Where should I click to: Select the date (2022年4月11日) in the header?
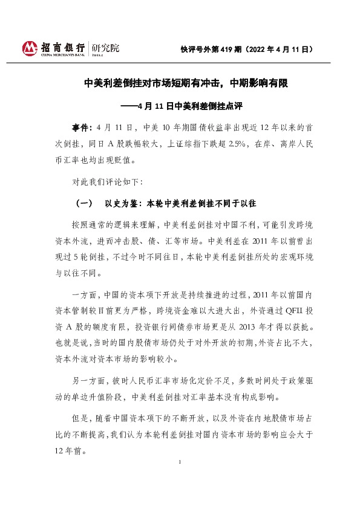[x=284, y=49]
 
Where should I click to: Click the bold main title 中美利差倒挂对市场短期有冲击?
[x=153, y=85]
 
